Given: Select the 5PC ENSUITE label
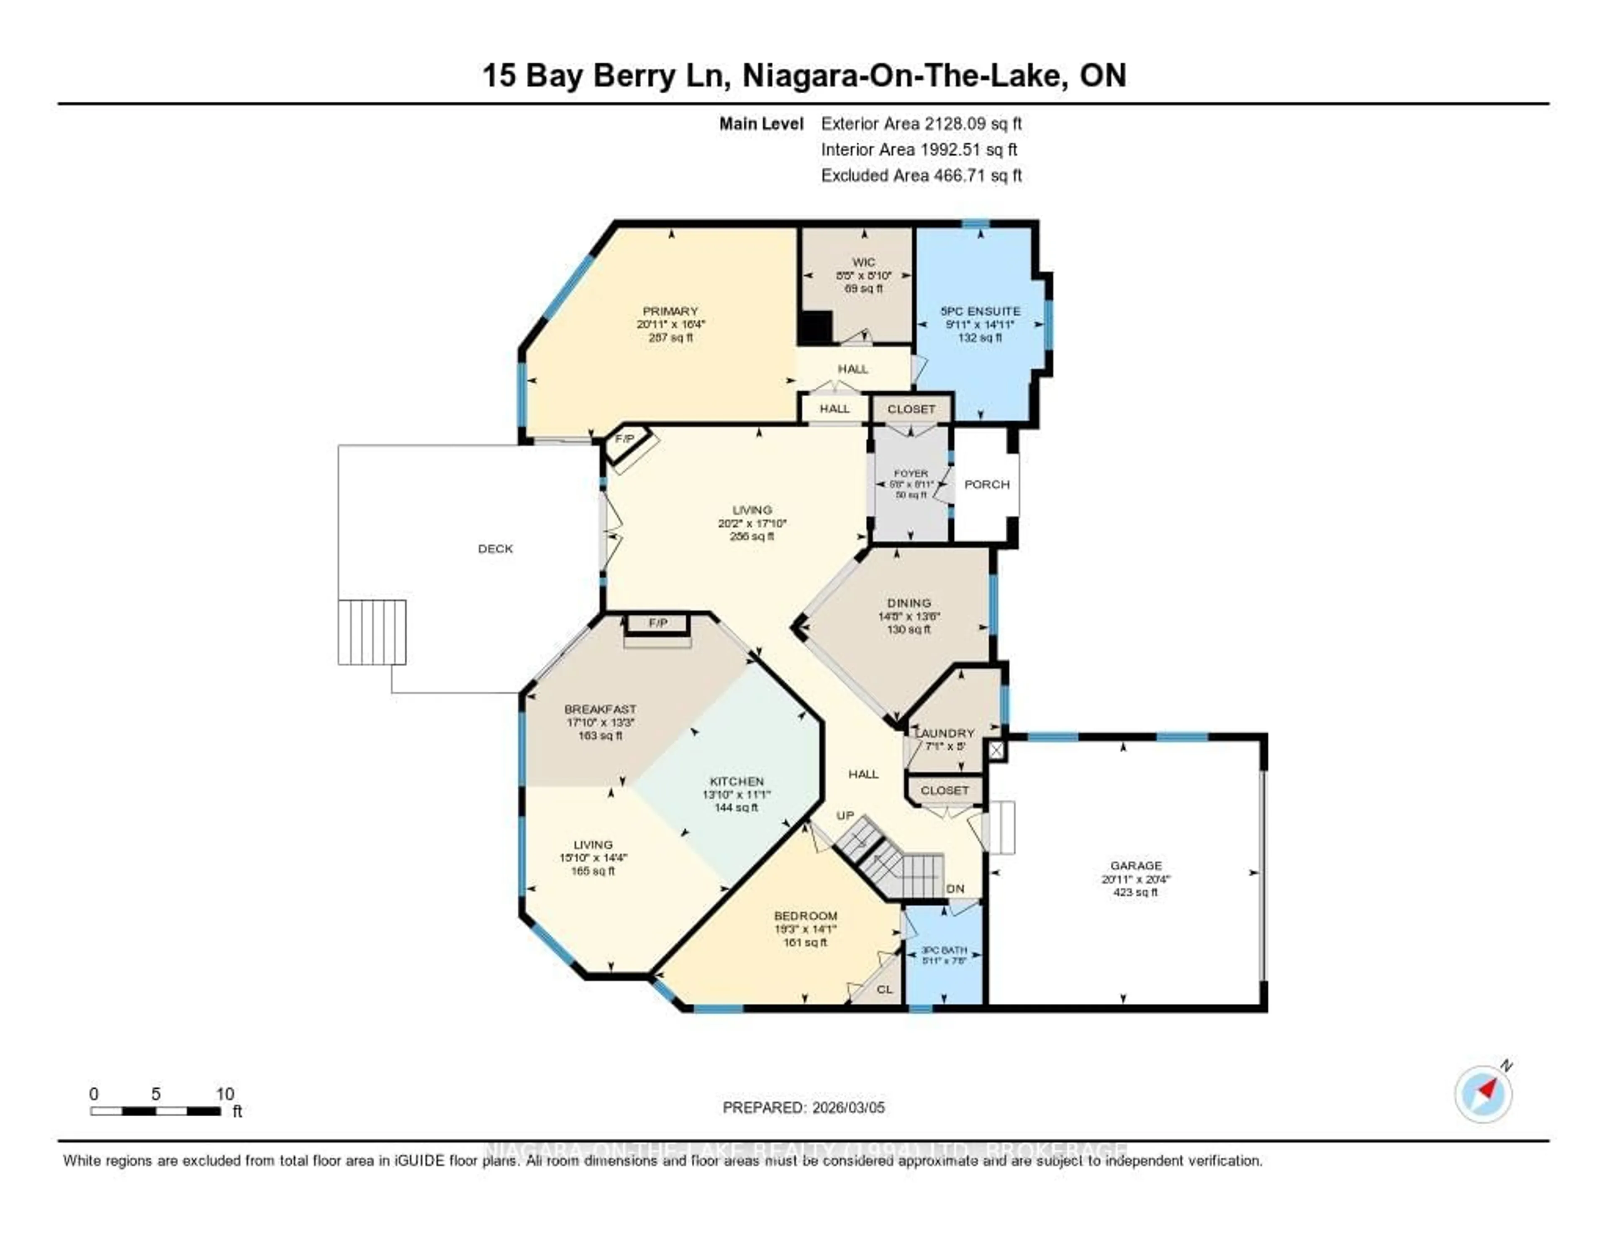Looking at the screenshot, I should [x=980, y=311].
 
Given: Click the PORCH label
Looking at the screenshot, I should [x=987, y=484].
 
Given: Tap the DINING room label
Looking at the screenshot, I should [x=909, y=603].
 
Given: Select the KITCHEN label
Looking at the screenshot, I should [x=737, y=781].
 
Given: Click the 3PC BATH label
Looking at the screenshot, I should [x=944, y=951].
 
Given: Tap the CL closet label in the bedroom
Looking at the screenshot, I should [x=884, y=990].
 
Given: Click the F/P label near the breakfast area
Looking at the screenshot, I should [x=658, y=623].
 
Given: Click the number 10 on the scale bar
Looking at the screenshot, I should [x=225, y=1094].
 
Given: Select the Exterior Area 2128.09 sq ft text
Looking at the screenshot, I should [x=921, y=123].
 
